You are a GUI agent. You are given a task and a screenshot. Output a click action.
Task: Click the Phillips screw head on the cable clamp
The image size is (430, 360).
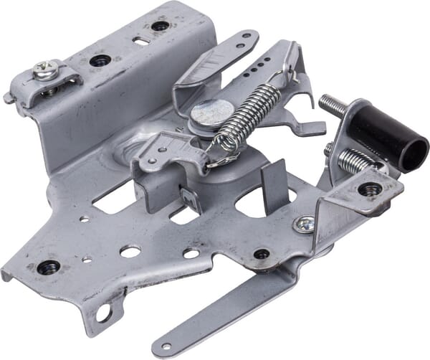pyautogui.click(x=44, y=70)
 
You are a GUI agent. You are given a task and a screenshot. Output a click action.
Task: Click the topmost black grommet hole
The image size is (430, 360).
pyautogui.click(x=160, y=26)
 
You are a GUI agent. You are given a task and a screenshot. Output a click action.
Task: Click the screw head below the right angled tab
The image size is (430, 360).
pyautogui.click(x=305, y=224)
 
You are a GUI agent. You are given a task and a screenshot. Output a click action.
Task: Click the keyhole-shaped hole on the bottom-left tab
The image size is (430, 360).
pyautogui.click(x=105, y=313)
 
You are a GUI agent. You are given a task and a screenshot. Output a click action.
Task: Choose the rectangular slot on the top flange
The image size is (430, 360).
pyautogui.click(x=140, y=41)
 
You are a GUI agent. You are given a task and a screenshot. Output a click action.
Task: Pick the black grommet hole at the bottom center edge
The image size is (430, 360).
pyautogui.click(x=262, y=254)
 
